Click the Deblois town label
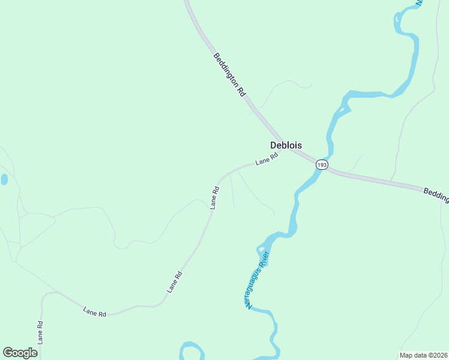[286, 145]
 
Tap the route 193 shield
[322, 164]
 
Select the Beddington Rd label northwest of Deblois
[230, 74]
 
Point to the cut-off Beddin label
[436, 194]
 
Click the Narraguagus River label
[258, 279]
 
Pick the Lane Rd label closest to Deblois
[267, 159]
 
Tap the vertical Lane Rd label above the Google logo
[40, 332]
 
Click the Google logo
[20, 353]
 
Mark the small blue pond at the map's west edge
[4, 179]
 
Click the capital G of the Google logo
[8, 353]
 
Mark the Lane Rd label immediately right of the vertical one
[94, 312]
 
